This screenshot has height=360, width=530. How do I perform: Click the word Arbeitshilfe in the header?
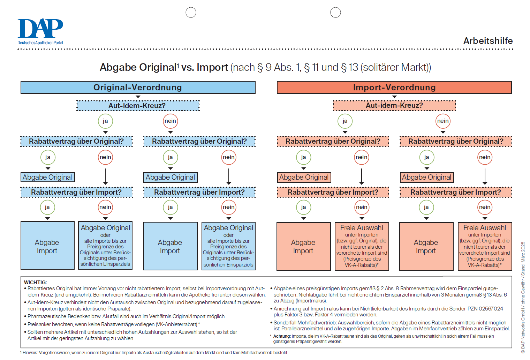(487, 41)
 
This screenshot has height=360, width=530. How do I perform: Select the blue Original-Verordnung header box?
(138, 88)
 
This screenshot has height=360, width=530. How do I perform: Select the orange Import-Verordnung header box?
(394, 88)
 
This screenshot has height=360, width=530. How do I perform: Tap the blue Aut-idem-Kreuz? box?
(138, 106)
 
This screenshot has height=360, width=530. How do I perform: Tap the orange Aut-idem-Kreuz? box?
(394, 106)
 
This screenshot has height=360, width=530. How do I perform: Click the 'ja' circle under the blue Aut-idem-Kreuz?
(105, 121)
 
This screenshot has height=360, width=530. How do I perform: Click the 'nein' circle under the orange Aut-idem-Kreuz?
(443, 121)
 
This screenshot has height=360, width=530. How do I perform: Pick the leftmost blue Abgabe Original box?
(47, 177)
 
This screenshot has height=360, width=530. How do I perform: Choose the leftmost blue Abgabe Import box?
(47, 246)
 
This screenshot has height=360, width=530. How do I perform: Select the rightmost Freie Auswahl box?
(485, 246)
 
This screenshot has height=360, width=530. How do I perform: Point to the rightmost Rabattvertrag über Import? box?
(455, 192)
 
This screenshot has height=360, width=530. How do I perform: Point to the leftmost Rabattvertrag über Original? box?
(76, 141)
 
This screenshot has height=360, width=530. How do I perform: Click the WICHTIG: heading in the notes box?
(35, 283)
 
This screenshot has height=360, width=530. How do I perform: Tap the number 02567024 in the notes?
(491, 309)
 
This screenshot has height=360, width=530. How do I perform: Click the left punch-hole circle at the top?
(191, 13)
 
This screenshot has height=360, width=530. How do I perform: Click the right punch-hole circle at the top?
(335, 13)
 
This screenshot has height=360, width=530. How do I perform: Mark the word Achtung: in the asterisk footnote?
(282, 336)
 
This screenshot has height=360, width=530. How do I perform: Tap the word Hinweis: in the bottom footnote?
(30, 353)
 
